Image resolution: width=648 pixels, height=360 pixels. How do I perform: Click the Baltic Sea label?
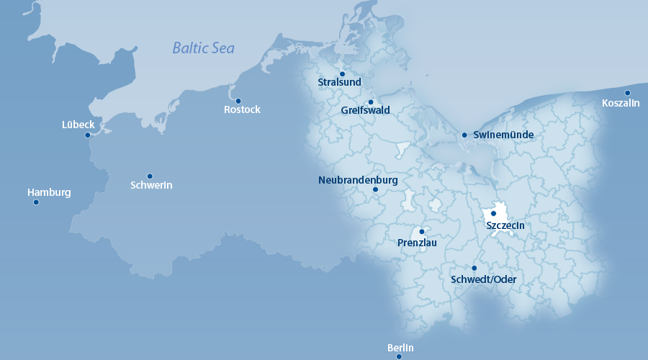click(204, 48)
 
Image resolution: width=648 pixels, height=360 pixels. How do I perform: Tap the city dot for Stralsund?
click(343, 73)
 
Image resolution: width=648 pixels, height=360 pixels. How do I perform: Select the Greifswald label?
click(366, 111)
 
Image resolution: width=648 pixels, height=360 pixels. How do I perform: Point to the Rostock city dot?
click(238, 101)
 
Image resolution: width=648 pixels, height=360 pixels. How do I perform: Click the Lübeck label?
click(78, 125)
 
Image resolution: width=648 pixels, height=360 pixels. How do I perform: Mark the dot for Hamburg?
click(36, 202)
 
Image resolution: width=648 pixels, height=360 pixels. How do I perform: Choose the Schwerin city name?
click(151, 186)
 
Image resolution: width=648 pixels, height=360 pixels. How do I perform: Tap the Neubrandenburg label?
click(358, 180)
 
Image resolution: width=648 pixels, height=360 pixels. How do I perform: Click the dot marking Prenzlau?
click(422, 232)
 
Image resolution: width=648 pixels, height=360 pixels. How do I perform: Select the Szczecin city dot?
click(494, 214)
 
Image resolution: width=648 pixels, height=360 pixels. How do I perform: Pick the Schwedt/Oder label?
click(483, 279)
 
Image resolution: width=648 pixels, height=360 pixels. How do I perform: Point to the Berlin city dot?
click(399, 356)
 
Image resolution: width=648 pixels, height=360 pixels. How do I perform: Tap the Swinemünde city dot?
click(464, 135)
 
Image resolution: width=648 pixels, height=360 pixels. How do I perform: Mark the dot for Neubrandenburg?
click(375, 190)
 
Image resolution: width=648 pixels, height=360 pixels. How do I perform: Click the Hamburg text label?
click(49, 192)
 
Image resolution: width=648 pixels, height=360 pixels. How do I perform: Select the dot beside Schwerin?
click(150, 176)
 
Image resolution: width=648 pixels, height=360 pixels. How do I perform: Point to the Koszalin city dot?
click(628, 93)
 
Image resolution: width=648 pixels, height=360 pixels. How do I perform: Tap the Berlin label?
click(400, 348)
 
